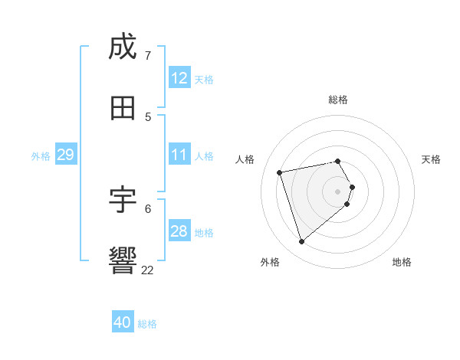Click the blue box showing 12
[x=179, y=78]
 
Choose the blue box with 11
[x=179, y=155]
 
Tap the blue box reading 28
[x=179, y=231]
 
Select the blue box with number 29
[x=65, y=155]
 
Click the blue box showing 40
[x=123, y=322]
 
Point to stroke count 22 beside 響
[x=147, y=270]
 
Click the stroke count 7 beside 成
[x=147, y=55]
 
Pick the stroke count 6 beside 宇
[x=147, y=208]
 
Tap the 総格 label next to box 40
[x=147, y=324]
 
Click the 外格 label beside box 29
[x=41, y=155]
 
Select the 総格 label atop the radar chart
[x=338, y=100]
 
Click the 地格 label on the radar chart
[x=402, y=262]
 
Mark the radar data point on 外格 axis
[x=301, y=242]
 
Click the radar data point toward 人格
[x=280, y=172]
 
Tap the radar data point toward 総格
[x=338, y=161]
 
